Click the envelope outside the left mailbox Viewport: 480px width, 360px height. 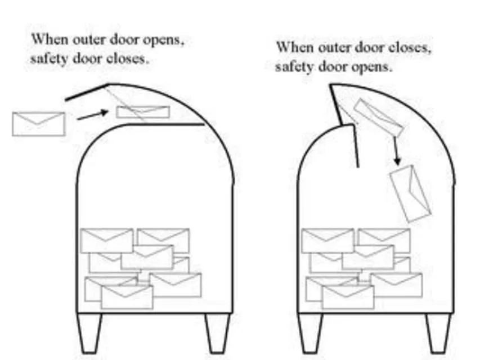pyautogui.click(x=38, y=124)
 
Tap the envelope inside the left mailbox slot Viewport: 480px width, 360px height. pyautogui.click(x=143, y=112)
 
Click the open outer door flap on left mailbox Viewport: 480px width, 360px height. pyautogui.click(x=87, y=93)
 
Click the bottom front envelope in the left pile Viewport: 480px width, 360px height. pyautogui.click(x=127, y=296)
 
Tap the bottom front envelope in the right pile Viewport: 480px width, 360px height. pyautogui.click(x=348, y=296)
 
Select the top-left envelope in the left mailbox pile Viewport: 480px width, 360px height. pyautogui.click(x=106, y=240)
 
